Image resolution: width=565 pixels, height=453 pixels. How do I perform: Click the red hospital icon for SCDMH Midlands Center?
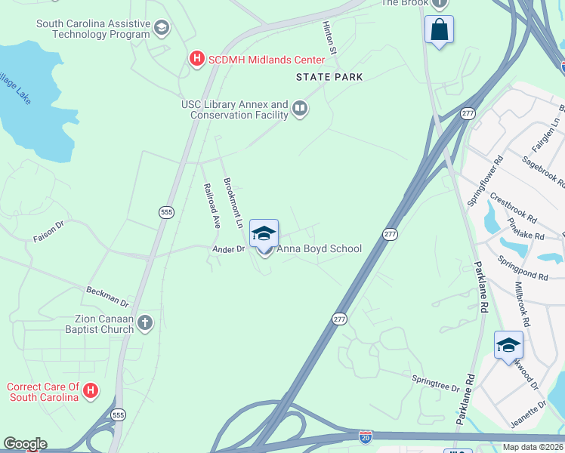coord(196,59)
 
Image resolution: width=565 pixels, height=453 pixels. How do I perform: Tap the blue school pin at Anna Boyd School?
coord(264,233)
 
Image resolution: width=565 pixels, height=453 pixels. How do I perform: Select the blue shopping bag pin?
coord(439,30)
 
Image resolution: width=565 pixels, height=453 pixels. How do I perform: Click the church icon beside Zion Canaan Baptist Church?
coord(145,324)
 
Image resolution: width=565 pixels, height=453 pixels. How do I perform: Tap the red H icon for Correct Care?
coord(91,391)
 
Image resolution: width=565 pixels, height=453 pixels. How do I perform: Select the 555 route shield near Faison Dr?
coord(166,213)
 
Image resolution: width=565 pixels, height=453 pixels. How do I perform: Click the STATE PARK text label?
coord(329,77)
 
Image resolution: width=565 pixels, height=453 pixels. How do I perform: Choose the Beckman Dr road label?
coord(108,297)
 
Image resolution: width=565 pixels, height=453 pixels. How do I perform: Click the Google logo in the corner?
coord(25,444)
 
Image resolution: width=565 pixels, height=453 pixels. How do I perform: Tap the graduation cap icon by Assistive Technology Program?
coord(160,29)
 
